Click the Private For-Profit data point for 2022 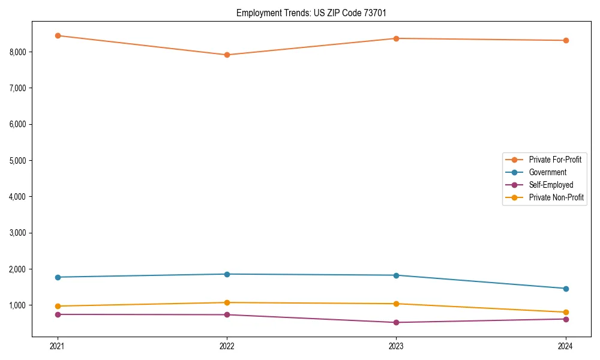point(227,55)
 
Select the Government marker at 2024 point(566,289)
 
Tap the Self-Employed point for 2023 point(396,322)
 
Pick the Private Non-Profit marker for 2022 point(227,302)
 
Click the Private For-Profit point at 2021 point(58,35)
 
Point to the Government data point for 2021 point(58,277)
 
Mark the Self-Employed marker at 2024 point(566,319)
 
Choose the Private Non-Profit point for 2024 point(566,312)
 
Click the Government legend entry point(547,172)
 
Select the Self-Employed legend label point(551,185)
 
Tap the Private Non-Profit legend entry point(556,197)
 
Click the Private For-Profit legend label point(555,160)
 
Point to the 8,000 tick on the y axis point(17,52)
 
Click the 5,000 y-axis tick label point(17,161)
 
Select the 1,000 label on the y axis point(17,305)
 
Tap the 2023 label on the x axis point(396,346)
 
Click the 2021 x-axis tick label point(58,346)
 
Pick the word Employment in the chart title point(256,13)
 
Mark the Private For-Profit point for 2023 point(396,38)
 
